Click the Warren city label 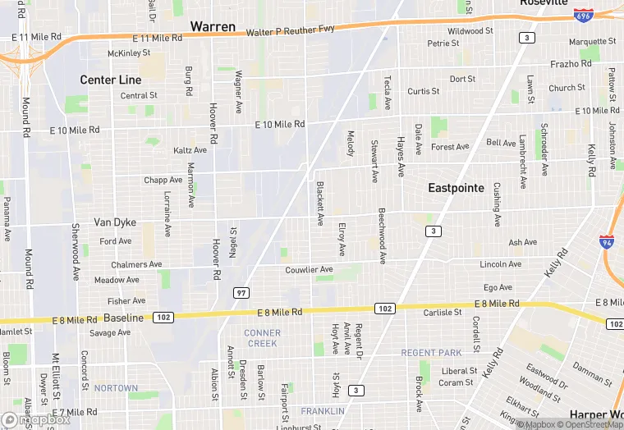click(x=213, y=27)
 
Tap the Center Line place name click(x=110, y=80)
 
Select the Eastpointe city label click(x=456, y=188)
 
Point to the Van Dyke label click(x=114, y=222)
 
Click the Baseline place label click(x=124, y=318)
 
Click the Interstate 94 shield click(x=606, y=242)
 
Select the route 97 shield click(x=241, y=293)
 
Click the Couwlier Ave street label click(x=309, y=270)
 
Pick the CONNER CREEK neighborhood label click(x=262, y=338)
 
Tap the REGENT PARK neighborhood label click(x=431, y=353)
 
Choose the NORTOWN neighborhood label click(x=116, y=388)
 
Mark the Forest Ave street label click(x=449, y=147)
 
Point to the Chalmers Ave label click(x=136, y=264)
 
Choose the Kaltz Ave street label click(x=190, y=150)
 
